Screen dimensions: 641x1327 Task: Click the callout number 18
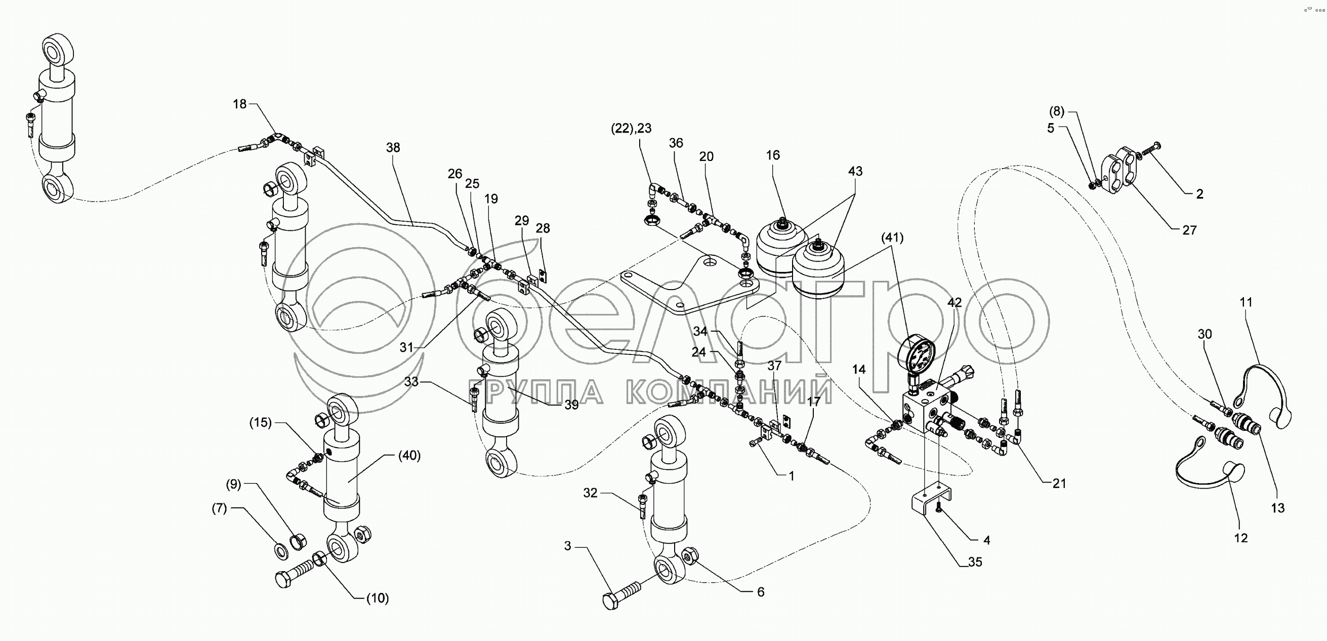239,104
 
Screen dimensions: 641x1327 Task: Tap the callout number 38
393,148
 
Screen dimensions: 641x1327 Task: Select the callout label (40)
409,456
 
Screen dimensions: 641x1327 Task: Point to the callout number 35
975,562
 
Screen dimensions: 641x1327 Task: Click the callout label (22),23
631,128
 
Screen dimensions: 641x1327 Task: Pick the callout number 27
1189,230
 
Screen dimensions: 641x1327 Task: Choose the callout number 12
1241,538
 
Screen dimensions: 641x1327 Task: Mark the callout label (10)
377,598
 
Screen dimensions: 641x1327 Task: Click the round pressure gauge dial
916,356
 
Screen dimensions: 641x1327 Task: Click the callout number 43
855,171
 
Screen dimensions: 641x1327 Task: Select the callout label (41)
892,237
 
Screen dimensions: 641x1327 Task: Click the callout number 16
773,155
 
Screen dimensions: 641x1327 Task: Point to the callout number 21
1059,484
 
